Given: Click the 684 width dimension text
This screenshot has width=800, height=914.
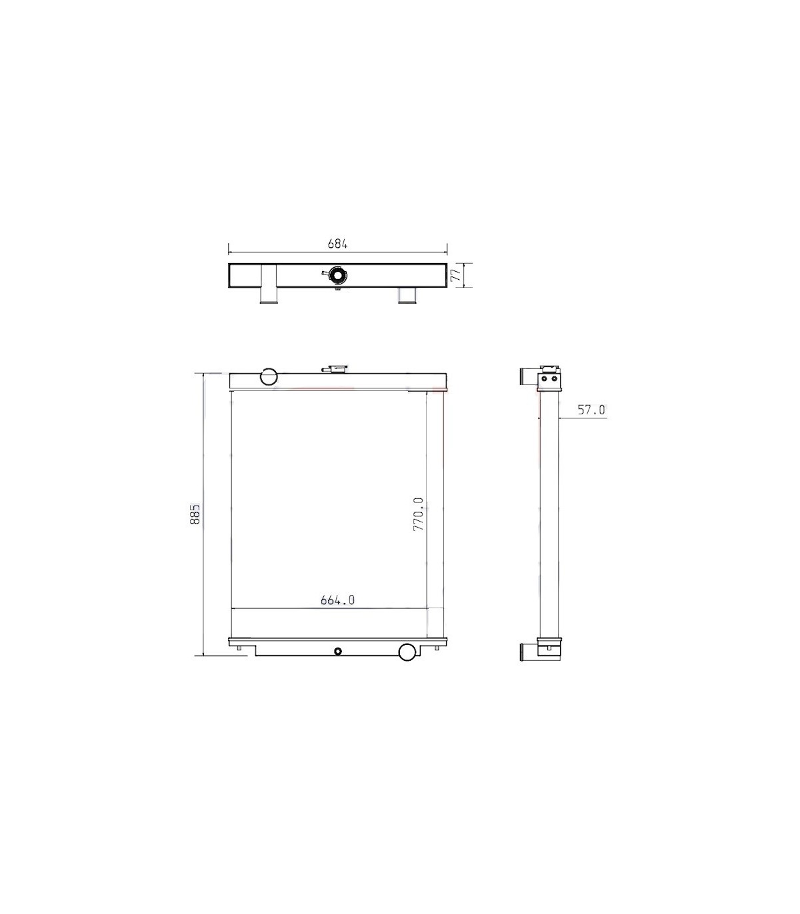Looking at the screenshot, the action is [337, 243].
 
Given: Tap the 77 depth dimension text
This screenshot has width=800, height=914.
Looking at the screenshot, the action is [455, 274].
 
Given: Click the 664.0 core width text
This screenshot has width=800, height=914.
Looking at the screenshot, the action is [337, 600].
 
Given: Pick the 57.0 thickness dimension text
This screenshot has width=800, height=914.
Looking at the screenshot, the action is [591, 410].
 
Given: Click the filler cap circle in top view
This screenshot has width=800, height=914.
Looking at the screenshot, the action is [337, 274].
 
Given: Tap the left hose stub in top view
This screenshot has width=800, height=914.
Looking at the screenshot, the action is [268, 284].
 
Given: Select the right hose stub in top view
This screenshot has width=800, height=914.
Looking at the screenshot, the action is [407, 295].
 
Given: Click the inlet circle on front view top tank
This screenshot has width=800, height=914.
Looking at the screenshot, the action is [269, 376].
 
